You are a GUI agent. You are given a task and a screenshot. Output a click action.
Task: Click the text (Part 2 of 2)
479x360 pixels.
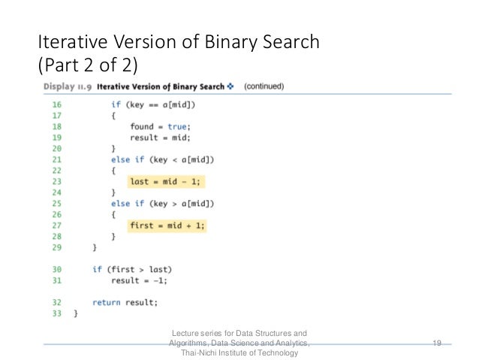88,65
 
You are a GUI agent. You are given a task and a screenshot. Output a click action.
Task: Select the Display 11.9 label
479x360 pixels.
66,86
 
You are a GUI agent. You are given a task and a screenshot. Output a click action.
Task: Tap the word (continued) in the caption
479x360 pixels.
264,86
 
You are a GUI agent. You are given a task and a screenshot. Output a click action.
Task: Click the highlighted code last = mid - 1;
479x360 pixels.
166,182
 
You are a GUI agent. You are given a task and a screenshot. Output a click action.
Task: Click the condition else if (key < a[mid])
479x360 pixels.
163,159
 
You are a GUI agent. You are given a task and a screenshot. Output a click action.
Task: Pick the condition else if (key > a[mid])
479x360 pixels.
163,204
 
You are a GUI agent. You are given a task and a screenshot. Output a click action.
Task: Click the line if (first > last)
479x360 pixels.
131,269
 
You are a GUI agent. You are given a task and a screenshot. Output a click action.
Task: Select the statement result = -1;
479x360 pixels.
139,280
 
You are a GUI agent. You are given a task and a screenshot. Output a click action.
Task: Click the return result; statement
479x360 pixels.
125,302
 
